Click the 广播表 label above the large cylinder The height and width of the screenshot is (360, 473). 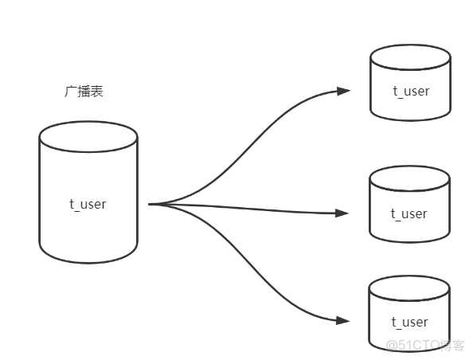click(84, 92)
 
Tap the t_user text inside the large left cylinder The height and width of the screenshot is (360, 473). click(88, 204)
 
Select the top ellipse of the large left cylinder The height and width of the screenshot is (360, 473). click(88, 137)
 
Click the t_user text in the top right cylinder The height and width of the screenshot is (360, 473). click(410, 90)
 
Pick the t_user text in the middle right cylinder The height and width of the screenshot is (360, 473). click(409, 213)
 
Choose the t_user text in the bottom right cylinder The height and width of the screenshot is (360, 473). click(409, 322)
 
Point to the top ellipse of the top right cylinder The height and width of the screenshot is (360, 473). click(410, 58)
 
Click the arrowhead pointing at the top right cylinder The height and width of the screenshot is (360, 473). click(343, 91)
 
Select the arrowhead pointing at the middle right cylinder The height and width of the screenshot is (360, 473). click(342, 213)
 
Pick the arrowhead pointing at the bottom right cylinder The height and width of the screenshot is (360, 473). click(342, 321)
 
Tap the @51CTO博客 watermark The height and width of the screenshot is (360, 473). click(425, 346)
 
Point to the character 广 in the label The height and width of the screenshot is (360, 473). click(70, 92)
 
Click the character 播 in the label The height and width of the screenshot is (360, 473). click(84, 92)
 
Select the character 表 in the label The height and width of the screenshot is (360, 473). click(97, 92)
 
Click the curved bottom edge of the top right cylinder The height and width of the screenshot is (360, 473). click(410, 119)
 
